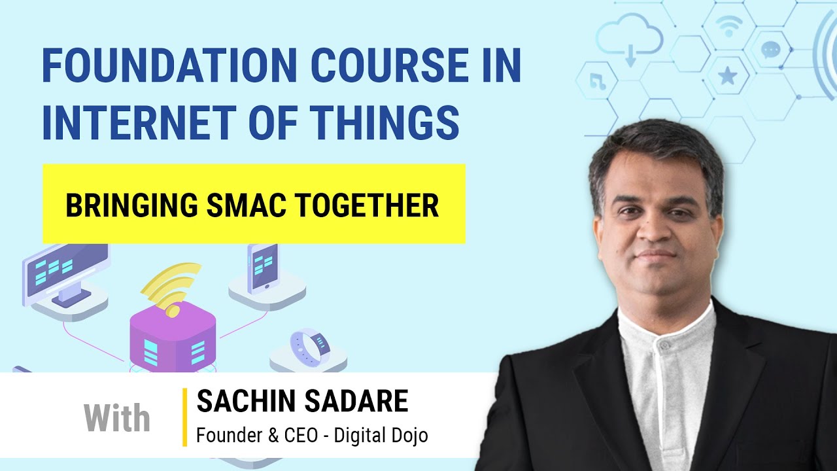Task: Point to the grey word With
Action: click(x=117, y=418)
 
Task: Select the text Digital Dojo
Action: click(x=381, y=436)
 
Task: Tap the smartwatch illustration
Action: click(x=309, y=347)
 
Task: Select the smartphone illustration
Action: click(x=262, y=268)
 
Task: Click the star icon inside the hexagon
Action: click(x=727, y=76)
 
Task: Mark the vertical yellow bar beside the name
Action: click(x=185, y=417)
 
